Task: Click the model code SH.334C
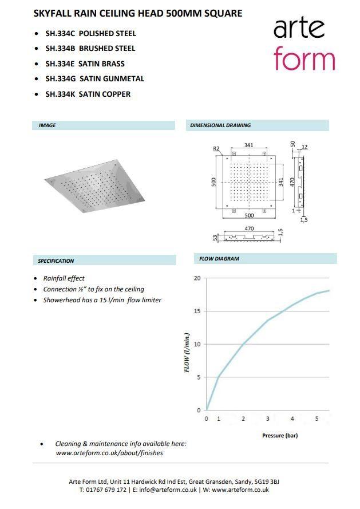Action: [60, 33]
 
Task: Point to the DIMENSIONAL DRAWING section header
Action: [220, 125]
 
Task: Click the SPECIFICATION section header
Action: [56, 261]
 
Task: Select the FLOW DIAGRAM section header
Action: [219, 259]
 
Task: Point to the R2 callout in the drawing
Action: [216, 149]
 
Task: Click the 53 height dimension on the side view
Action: [215, 238]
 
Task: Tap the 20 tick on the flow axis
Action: [197, 278]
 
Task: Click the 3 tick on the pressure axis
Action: [267, 419]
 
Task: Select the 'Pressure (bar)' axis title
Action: [280, 436]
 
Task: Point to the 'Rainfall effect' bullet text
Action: [64, 278]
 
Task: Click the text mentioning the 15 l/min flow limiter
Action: [102, 300]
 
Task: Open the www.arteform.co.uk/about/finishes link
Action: [109, 453]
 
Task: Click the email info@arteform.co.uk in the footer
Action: [169, 490]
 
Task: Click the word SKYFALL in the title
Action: [52, 13]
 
